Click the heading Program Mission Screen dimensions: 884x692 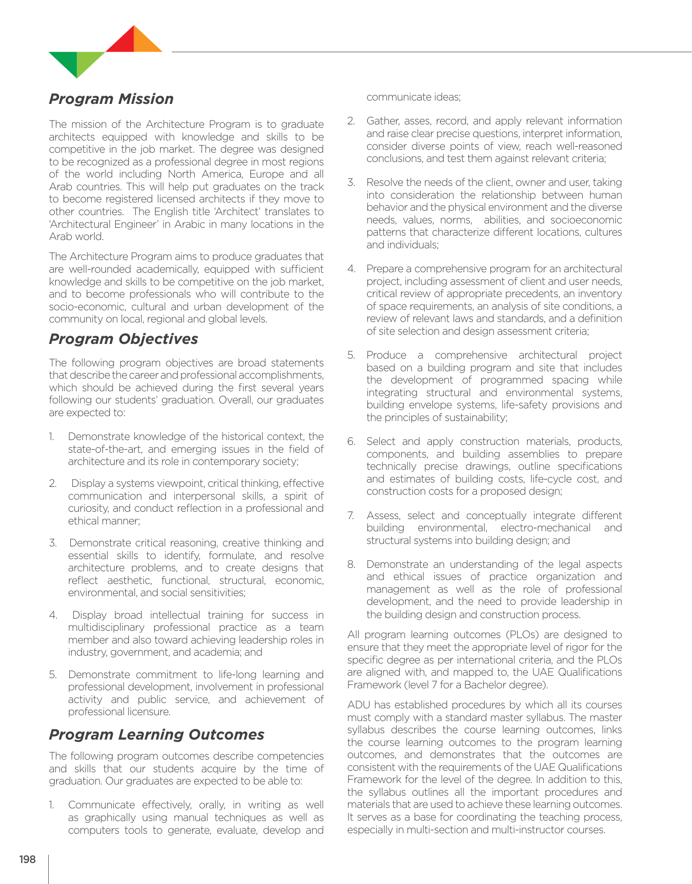tap(111, 99)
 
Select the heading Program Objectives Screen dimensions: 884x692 tap(123, 339)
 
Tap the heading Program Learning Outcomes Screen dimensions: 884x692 tap(157, 735)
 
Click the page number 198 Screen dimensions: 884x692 tap(27, 860)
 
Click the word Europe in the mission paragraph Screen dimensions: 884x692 tap(266, 174)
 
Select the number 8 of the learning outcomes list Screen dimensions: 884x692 tap(351, 564)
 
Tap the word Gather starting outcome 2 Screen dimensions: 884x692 tap(383, 121)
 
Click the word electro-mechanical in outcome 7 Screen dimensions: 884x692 tap(546, 528)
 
